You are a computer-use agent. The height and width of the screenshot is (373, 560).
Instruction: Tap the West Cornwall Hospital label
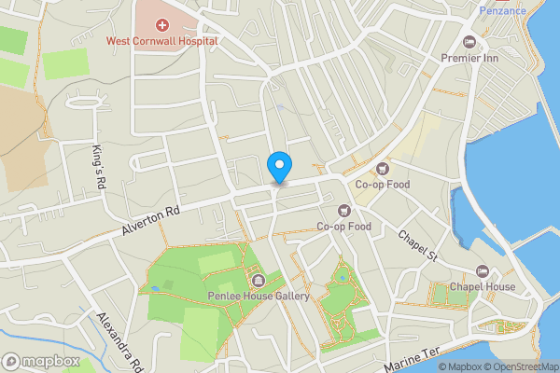click(161, 41)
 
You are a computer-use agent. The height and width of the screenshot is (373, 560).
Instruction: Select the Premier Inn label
click(470, 57)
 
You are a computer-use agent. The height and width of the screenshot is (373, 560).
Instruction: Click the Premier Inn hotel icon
click(469, 42)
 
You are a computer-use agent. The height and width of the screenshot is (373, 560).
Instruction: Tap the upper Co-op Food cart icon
click(382, 168)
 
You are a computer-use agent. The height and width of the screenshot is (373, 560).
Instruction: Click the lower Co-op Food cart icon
click(344, 211)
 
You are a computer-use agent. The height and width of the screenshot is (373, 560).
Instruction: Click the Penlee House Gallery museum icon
click(258, 280)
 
